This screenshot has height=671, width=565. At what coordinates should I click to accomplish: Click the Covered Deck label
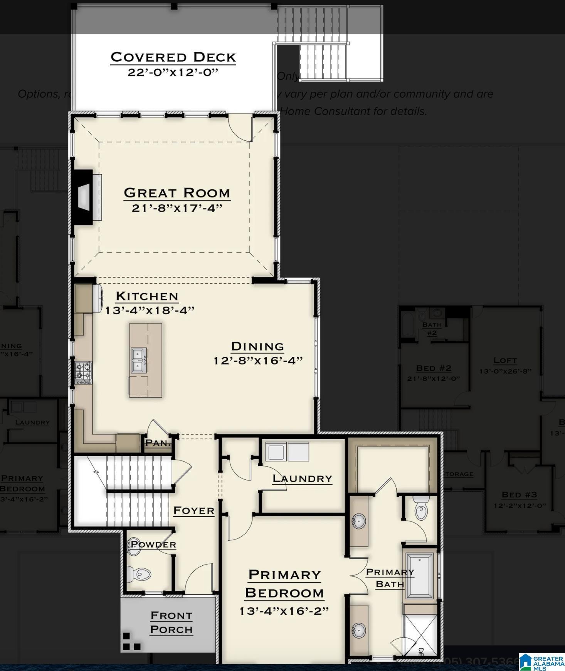173,57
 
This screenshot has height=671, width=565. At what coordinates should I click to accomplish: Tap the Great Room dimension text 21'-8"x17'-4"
177,208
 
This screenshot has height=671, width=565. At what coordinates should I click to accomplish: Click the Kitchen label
147,296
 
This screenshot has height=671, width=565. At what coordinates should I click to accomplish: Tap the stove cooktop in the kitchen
84,373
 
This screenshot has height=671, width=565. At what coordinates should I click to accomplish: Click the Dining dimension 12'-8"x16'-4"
258,361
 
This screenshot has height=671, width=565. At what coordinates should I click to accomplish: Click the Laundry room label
302,479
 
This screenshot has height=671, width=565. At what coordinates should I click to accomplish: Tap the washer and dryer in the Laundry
287,452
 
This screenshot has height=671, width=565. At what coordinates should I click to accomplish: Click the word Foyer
194,511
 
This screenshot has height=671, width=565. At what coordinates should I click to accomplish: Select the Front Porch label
172,622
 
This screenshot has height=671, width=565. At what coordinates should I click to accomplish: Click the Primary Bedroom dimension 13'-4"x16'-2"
284,611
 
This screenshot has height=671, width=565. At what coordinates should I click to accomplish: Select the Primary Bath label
390,578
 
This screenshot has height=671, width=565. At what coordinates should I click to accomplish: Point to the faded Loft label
505,360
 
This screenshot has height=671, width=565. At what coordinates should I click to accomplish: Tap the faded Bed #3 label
519,494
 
